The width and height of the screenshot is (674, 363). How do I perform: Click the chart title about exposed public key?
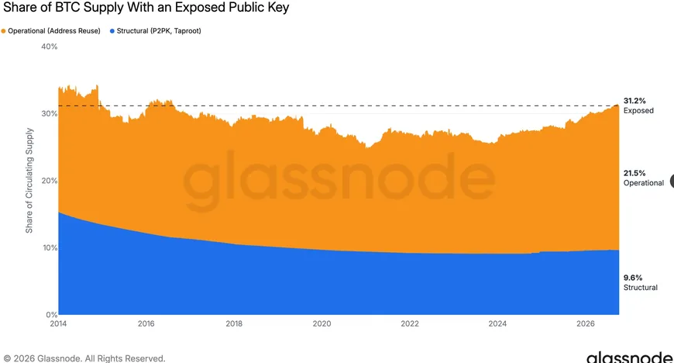pyautogui.click(x=146, y=8)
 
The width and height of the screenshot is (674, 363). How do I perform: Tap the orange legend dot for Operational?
pyautogui.click(x=3, y=31)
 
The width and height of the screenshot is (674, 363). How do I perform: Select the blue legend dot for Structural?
pyautogui.click(x=112, y=31)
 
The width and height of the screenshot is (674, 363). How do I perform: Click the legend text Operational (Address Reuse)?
pyautogui.click(x=54, y=31)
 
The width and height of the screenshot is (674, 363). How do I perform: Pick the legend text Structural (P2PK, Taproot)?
pyautogui.click(x=159, y=31)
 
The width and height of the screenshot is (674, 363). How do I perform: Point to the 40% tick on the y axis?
pyautogui.click(x=50, y=47)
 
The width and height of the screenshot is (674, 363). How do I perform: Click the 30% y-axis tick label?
pyautogui.click(x=50, y=114)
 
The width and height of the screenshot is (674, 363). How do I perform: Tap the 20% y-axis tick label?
pyautogui.click(x=50, y=181)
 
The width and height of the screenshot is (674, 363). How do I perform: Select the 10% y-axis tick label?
pyautogui.click(x=50, y=247)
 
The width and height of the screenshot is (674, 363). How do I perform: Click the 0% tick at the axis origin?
pyautogui.click(x=52, y=315)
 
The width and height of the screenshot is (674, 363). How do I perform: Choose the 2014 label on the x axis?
pyautogui.click(x=58, y=323)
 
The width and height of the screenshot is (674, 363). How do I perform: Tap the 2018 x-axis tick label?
pyautogui.click(x=234, y=323)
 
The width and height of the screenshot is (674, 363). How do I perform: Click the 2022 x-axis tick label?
pyautogui.click(x=410, y=323)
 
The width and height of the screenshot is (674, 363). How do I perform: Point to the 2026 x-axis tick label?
pyautogui.click(x=586, y=323)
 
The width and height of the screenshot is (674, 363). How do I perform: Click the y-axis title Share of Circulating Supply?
pyautogui.click(x=29, y=181)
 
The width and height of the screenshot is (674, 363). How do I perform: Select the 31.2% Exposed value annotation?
pyautogui.click(x=638, y=105)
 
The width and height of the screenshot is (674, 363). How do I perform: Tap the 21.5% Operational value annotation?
pyautogui.click(x=644, y=178)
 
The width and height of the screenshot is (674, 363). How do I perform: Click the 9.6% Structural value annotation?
pyautogui.click(x=641, y=282)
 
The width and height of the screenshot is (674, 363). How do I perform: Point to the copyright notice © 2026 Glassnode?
pyautogui.click(x=84, y=358)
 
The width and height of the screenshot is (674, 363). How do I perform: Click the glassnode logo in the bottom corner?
pyautogui.click(x=630, y=358)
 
